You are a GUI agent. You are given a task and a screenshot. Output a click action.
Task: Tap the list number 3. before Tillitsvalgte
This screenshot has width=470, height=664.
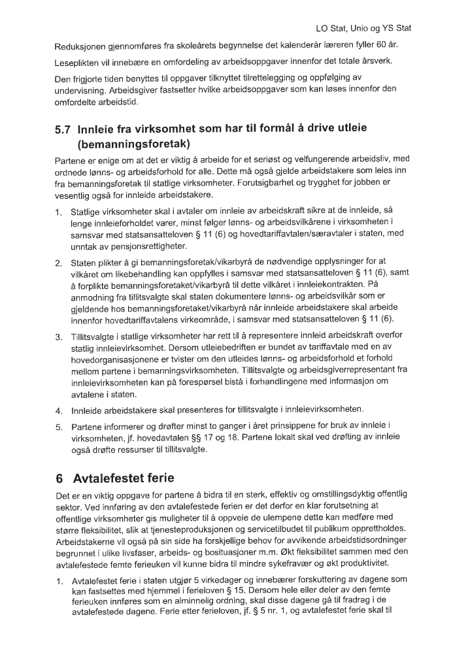click(x=58, y=337)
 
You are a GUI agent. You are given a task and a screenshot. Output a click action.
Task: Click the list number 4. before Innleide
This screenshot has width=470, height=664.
click(x=58, y=410)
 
